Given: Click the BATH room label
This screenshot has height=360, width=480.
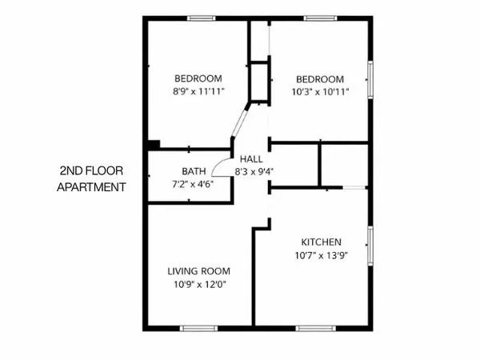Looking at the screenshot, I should (x=193, y=171).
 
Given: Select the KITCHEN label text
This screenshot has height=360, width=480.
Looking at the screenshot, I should (x=322, y=242).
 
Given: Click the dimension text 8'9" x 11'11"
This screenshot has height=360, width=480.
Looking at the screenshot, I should (x=198, y=92).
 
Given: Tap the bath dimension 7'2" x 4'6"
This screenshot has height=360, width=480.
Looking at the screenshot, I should (x=193, y=183).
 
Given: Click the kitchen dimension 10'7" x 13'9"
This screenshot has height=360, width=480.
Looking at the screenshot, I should (x=322, y=255).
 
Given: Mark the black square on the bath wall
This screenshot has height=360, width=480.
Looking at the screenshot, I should (x=154, y=145).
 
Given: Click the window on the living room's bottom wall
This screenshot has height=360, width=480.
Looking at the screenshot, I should (x=200, y=327).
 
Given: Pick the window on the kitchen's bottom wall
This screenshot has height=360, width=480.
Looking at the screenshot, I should (x=315, y=327).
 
